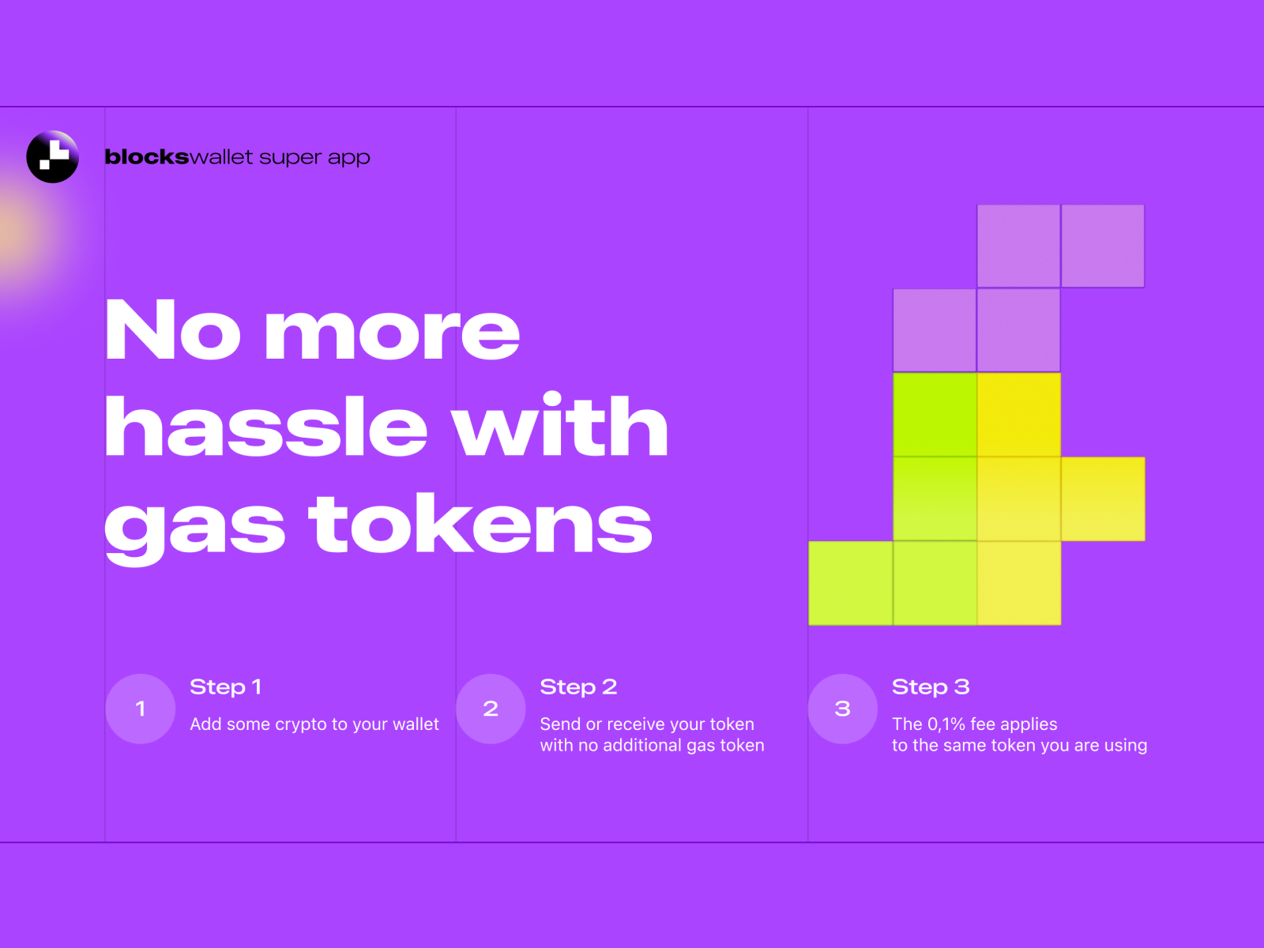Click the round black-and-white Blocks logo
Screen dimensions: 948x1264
click(53, 156)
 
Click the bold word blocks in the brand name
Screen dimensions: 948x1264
click(147, 157)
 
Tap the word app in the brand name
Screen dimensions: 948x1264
click(348, 158)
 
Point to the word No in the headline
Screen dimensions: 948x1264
click(172, 330)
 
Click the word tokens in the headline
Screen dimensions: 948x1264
click(480, 524)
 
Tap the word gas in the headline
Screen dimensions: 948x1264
click(194, 527)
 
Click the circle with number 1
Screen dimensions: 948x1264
click(141, 709)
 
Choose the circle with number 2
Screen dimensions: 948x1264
click(491, 709)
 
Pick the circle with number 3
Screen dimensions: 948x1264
click(842, 709)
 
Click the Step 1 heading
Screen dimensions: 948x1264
click(225, 687)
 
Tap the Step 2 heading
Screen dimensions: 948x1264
click(578, 687)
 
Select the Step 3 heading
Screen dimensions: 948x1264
click(931, 687)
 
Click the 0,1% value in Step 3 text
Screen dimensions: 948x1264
click(946, 724)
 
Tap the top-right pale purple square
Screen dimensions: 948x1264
click(1103, 246)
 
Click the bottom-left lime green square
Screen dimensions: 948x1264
click(851, 583)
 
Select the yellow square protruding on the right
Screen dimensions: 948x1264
click(1103, 498)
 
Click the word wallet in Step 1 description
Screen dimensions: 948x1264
click(416, 724)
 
